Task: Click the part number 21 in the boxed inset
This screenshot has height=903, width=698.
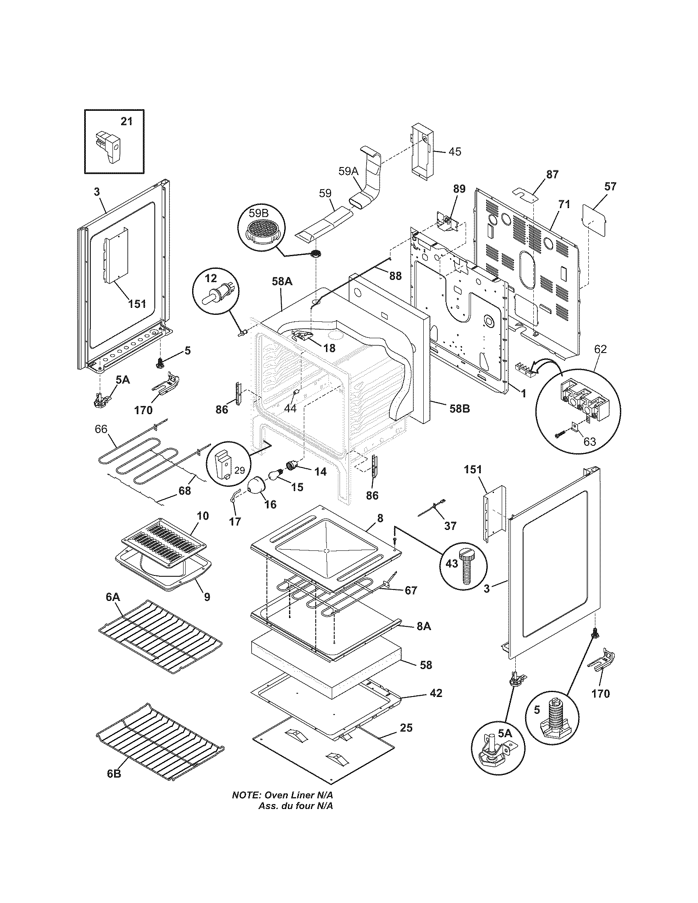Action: click(126, 121)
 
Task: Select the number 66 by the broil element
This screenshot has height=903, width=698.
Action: click(101, 429)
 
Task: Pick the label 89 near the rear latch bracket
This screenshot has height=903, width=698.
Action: click(459, 189)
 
